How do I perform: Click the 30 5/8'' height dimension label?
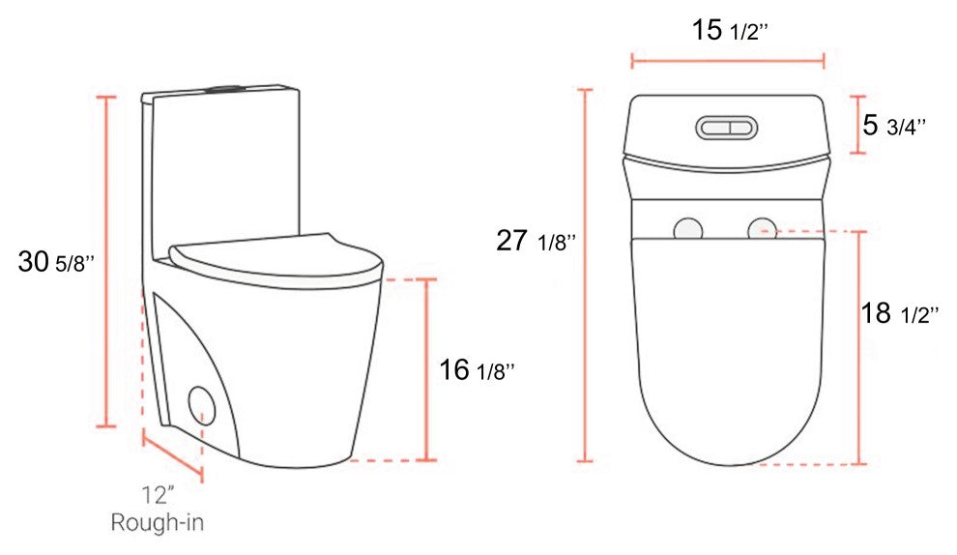56,262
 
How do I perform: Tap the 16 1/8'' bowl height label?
477,369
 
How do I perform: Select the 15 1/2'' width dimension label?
729,29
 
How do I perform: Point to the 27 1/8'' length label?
536,241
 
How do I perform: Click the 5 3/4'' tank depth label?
893,125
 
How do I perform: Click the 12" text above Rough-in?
159,494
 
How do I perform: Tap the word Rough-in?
157,523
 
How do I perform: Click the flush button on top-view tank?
726,128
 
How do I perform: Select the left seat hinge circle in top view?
688,230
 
